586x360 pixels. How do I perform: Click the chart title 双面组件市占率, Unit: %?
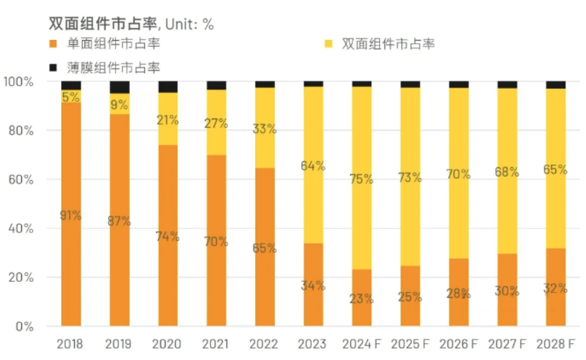tap(132, 24)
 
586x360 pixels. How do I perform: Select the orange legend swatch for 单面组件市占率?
tap(53, 44)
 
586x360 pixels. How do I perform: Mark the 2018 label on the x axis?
tap(70, 344)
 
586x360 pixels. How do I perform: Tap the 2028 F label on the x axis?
tap(555, 344)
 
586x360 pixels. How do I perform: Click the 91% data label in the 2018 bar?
tap(71, 216)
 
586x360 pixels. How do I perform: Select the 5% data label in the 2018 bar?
tap(71, 97)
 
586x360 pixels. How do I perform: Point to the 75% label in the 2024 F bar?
tap(362, 179)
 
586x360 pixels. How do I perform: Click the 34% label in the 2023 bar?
tap(313, 286)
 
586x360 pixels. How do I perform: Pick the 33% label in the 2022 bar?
tap(264, 129)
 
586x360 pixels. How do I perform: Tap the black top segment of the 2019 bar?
tap(119, 87)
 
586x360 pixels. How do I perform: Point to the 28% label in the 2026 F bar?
tap(459, 294)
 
